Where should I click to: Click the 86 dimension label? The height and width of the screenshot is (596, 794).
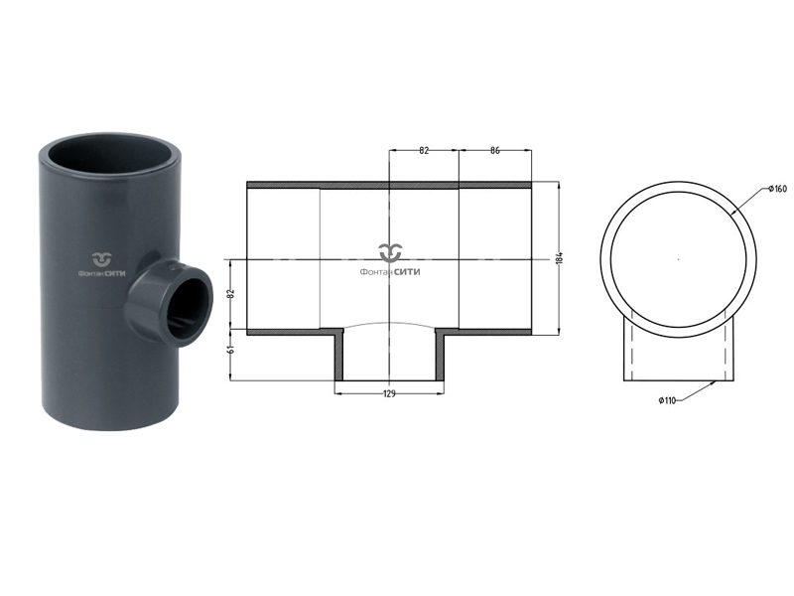(x=494, y=150)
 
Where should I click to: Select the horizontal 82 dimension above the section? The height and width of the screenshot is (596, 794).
(x=424, y=150)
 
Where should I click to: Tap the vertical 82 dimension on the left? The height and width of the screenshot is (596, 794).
(x=231, y=293)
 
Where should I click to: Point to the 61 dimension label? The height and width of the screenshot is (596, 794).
(x=231, y=350)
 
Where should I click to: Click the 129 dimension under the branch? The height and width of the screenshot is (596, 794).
(x=389, y=393)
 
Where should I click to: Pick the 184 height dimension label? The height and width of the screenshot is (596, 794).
(x=559, y=257)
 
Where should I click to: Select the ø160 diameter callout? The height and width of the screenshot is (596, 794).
(x=777, y=189)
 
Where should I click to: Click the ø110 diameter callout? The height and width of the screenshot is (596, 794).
(x=667, y=400)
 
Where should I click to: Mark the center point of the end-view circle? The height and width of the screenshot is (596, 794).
(x=679, y=259)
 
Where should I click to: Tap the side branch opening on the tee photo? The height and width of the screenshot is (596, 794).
(x=187, y=308)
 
